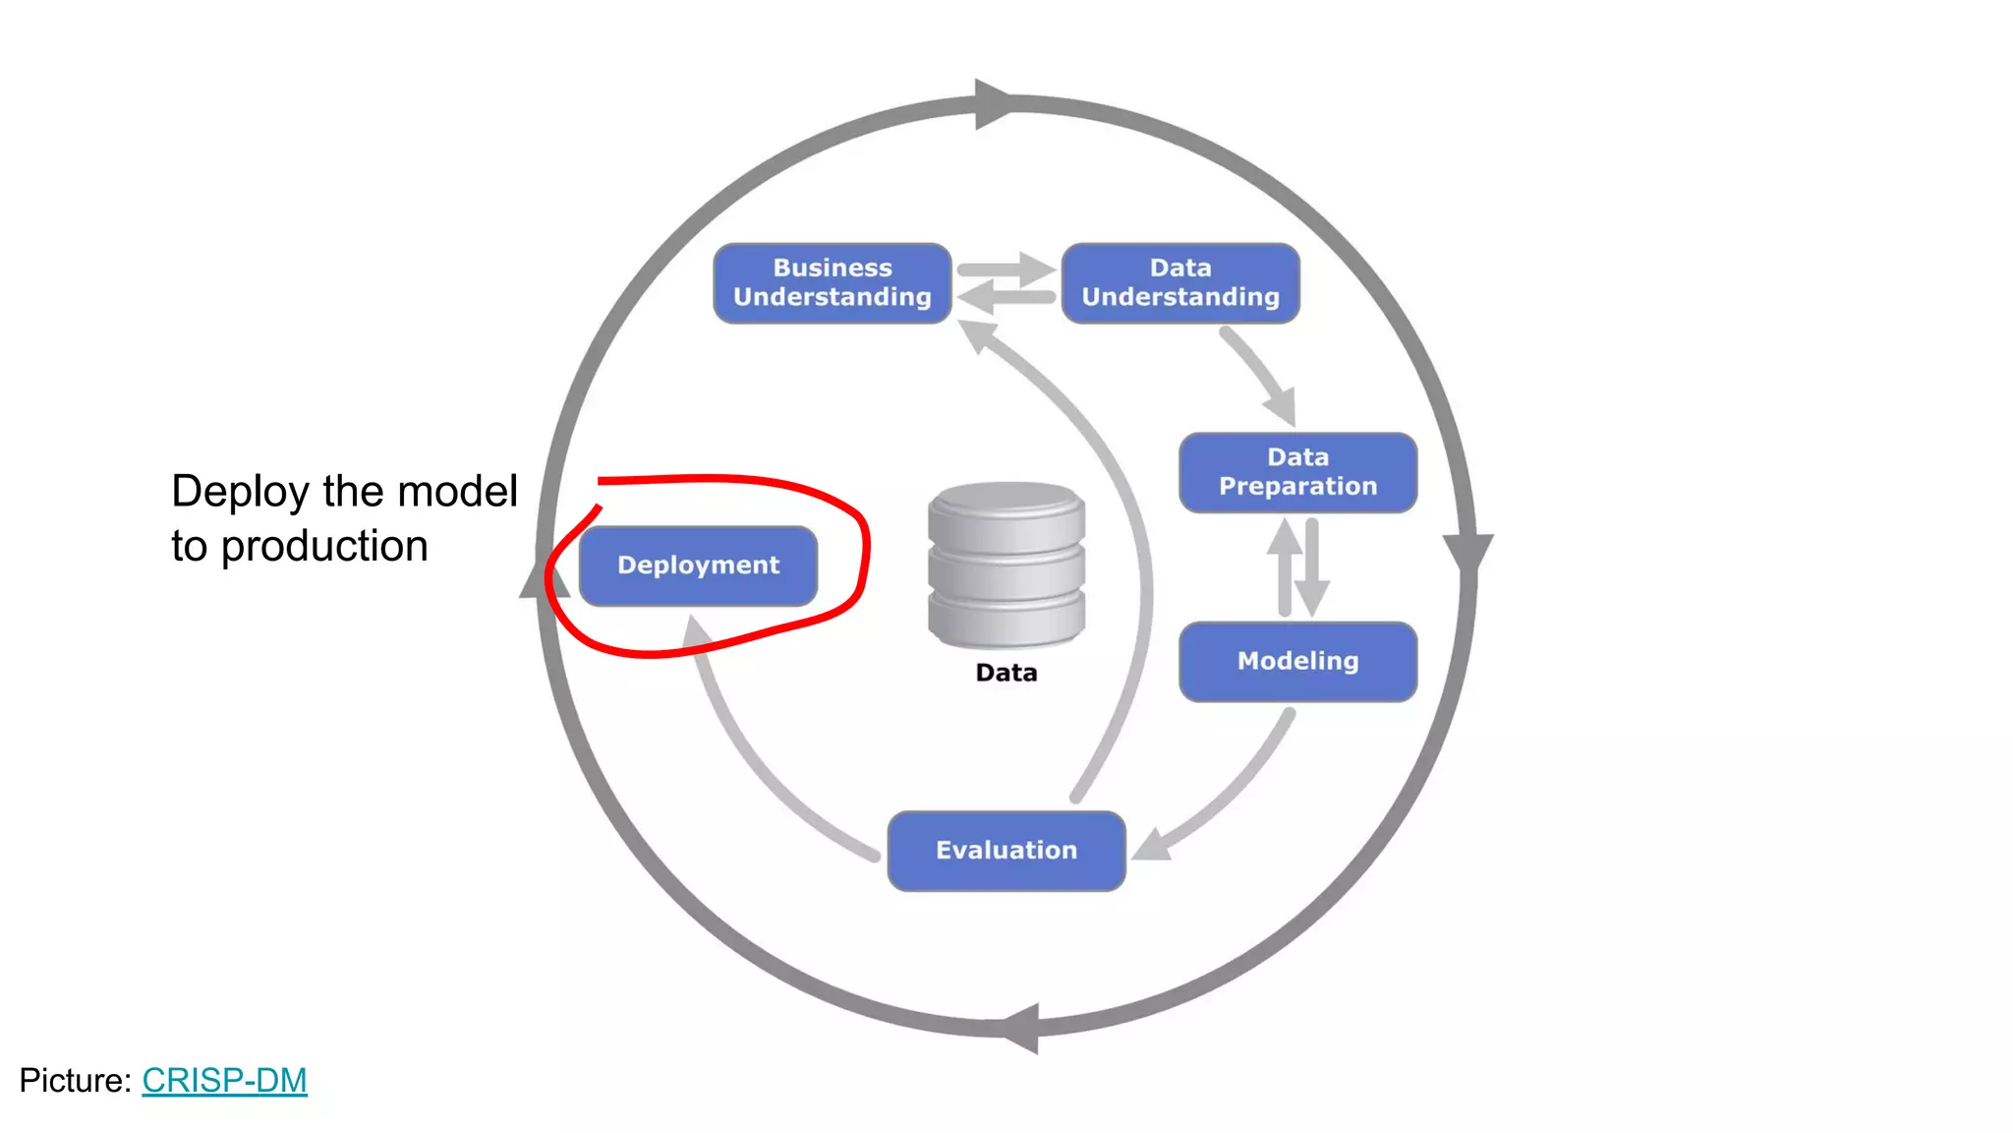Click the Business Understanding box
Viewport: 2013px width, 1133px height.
(832, 283)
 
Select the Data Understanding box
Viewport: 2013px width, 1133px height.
(1180, 283)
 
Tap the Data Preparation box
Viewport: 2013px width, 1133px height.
(1297, 472)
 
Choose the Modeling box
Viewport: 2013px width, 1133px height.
(1297, 661)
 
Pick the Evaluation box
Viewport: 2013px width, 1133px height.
(1006, 851)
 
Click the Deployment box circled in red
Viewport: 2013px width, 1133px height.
(698, 566)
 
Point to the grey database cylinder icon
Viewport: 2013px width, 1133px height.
(1006, 566)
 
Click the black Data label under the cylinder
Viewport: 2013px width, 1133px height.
(1006, 673)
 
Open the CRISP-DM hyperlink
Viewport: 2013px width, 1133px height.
(224, 1080)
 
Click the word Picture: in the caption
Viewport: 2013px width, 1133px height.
(75, 1080)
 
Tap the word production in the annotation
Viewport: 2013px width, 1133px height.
(324, 547)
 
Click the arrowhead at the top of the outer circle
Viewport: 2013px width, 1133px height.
(993, 103)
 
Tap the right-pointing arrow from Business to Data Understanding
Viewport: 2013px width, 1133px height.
(1005, 269)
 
